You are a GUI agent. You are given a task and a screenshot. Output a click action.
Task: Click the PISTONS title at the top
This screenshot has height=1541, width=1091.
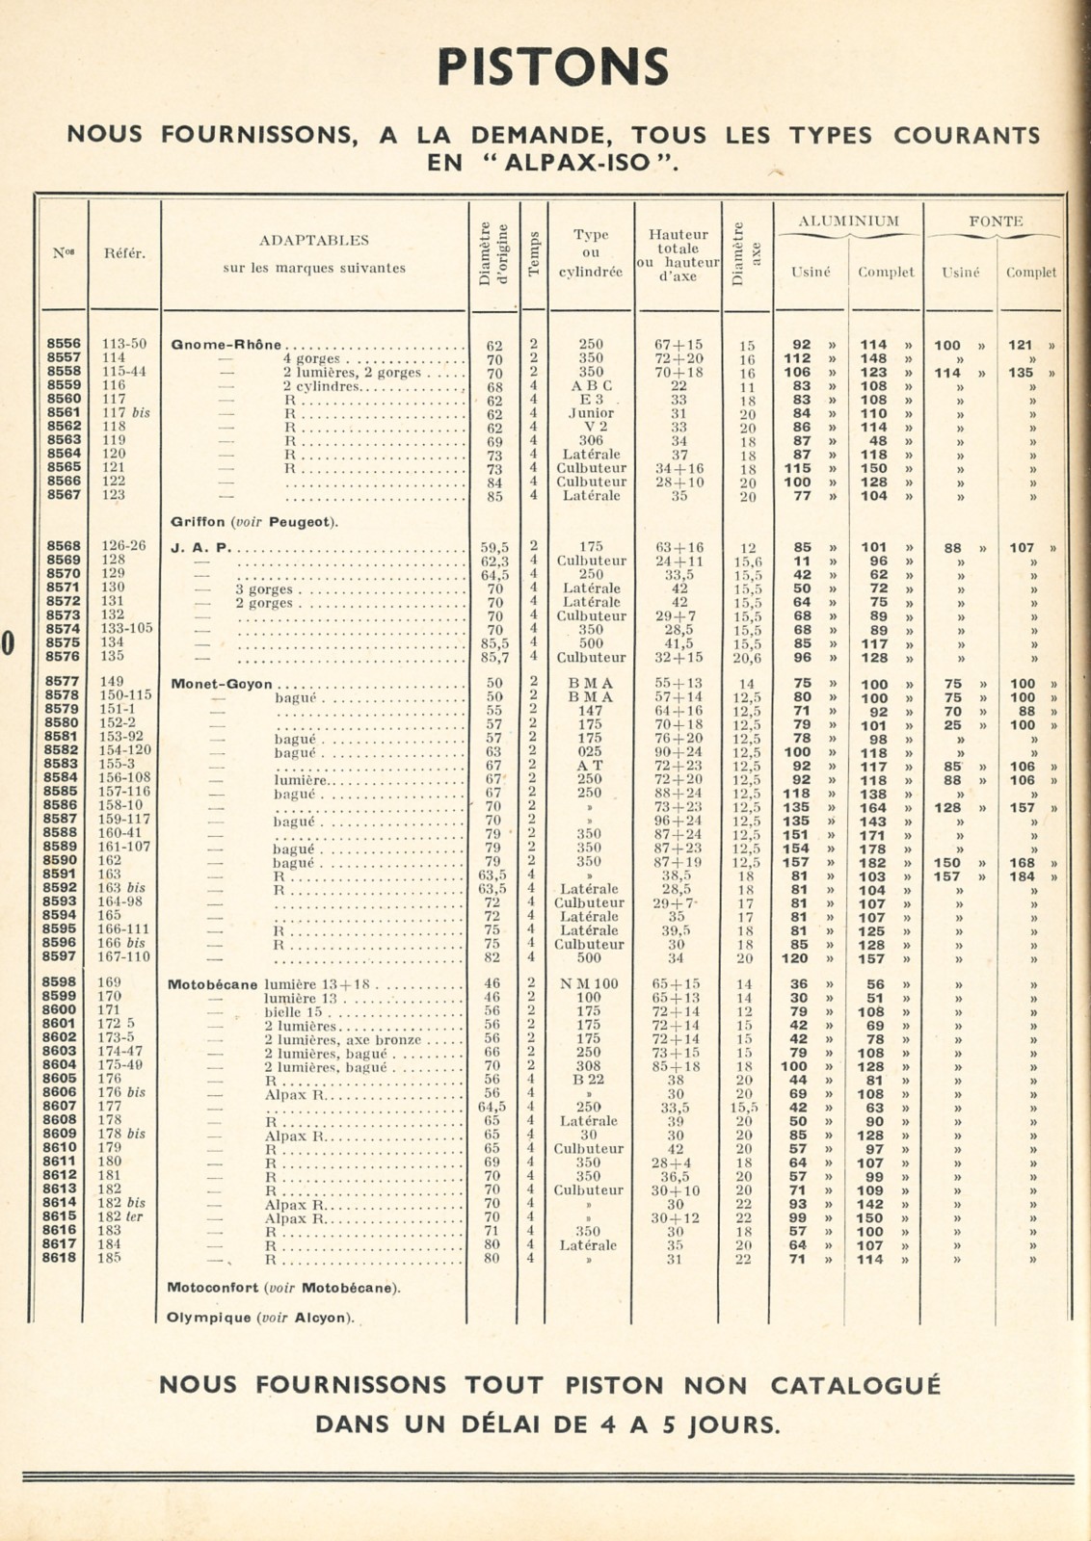pos(552,67)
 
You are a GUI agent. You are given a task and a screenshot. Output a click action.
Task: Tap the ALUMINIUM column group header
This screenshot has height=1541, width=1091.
pos(848,222)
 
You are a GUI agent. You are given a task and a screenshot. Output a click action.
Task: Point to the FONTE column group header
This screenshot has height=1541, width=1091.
pos(995,222)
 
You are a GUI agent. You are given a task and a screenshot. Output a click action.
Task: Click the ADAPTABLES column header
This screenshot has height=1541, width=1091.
pos(314,240)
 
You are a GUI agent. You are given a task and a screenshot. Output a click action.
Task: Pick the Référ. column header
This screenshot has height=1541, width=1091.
pos(125,254)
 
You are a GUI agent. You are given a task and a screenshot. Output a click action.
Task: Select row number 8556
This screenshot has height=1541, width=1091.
pos(64,344)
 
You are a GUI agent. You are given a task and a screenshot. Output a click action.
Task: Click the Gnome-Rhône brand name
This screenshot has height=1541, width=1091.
pos(226,345)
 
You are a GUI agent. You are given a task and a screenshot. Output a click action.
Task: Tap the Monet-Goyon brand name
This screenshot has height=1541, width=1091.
pos(216,684)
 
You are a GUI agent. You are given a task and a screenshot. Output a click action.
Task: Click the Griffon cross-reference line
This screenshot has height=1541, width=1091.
pos(254,522)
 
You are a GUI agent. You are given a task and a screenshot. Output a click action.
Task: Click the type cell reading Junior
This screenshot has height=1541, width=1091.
pos(591,413)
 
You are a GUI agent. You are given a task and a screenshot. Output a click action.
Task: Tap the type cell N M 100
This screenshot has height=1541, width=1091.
pos(591,983)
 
